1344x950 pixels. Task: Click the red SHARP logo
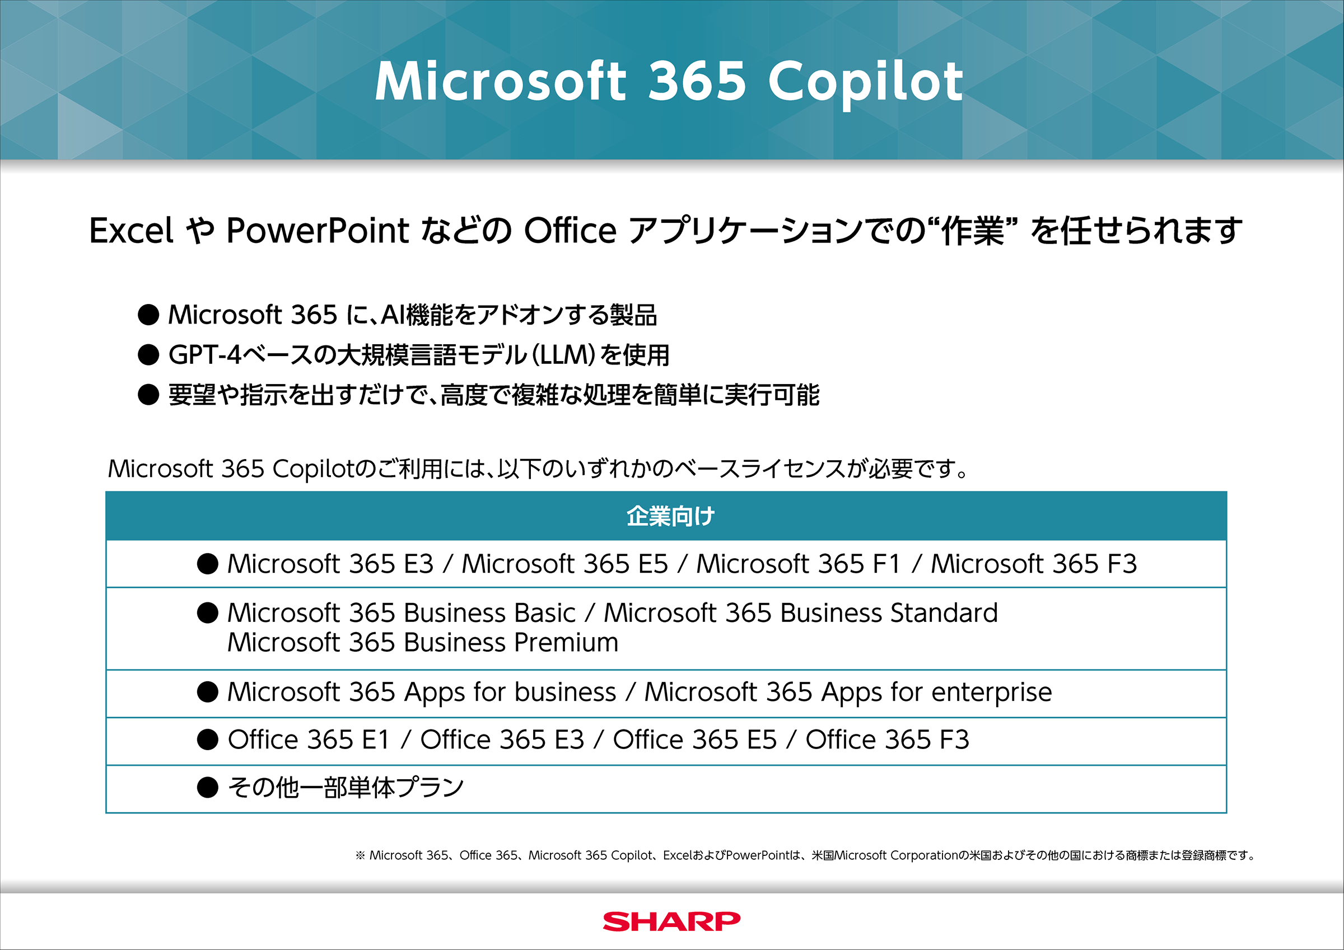coord(671,921)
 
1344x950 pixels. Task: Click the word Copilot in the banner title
coord(866,82)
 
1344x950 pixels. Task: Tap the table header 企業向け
coord(671,516)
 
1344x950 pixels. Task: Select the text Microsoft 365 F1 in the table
coord(798,564)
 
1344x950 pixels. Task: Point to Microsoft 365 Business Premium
coord(423,643)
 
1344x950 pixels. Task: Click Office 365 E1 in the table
coord(309,740)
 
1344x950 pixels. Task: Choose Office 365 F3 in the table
coord(888,740)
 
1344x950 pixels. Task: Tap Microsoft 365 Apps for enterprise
coord(848,692)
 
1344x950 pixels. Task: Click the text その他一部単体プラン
coord(346,787)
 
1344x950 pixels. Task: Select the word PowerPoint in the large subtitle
coord(318,230)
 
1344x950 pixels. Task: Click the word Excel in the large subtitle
coord(131,230)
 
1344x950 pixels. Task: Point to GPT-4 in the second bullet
coord(205,355)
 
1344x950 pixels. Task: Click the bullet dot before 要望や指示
coord(149,395)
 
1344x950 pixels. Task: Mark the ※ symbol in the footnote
coord(360,856)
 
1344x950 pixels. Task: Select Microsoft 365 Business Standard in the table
coord(801,613)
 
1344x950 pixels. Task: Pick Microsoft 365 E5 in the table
coord(565,564)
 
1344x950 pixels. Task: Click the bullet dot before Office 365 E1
coord(208,740)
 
